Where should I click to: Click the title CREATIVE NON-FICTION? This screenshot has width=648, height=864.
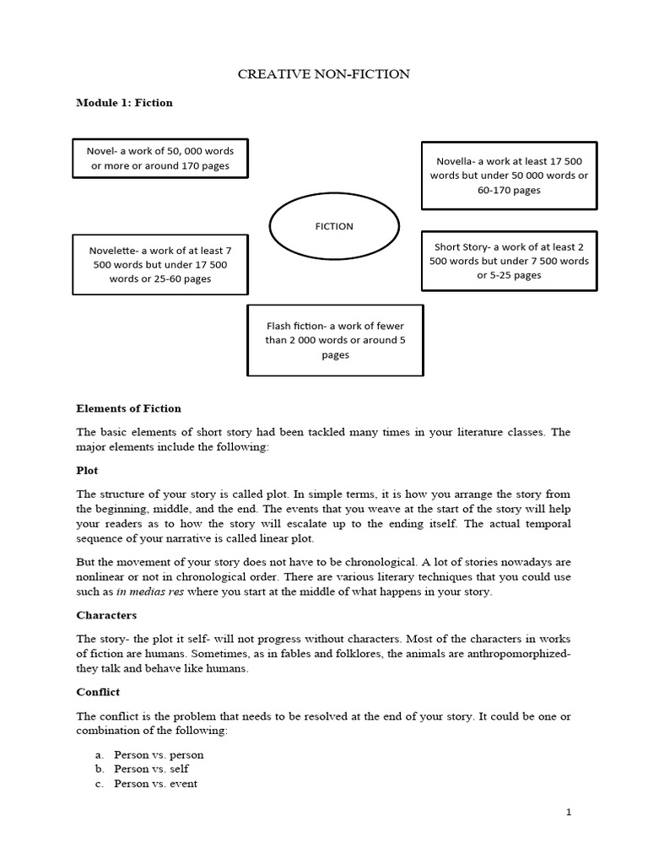[324, 74]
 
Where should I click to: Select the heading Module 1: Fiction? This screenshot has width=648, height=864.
[124, 103]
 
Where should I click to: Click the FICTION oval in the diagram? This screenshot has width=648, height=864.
[334, 226]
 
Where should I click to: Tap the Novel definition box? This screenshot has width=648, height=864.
[160, 159]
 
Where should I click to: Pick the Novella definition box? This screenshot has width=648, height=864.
[509, 175]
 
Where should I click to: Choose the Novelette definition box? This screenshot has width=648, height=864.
[160, 264]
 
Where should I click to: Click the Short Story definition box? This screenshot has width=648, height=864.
[509, 261]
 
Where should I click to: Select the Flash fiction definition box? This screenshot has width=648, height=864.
[335, 340]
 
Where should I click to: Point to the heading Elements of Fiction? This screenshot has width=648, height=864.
[128, 408]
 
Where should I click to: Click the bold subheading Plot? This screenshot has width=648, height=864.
[87, 470]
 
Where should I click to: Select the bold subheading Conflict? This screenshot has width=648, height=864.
[98, 692]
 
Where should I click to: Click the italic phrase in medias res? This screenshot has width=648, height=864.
[149, 592]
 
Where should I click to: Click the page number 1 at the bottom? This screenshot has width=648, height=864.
[569, 813]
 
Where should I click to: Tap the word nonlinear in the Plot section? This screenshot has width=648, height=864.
[102, 577]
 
